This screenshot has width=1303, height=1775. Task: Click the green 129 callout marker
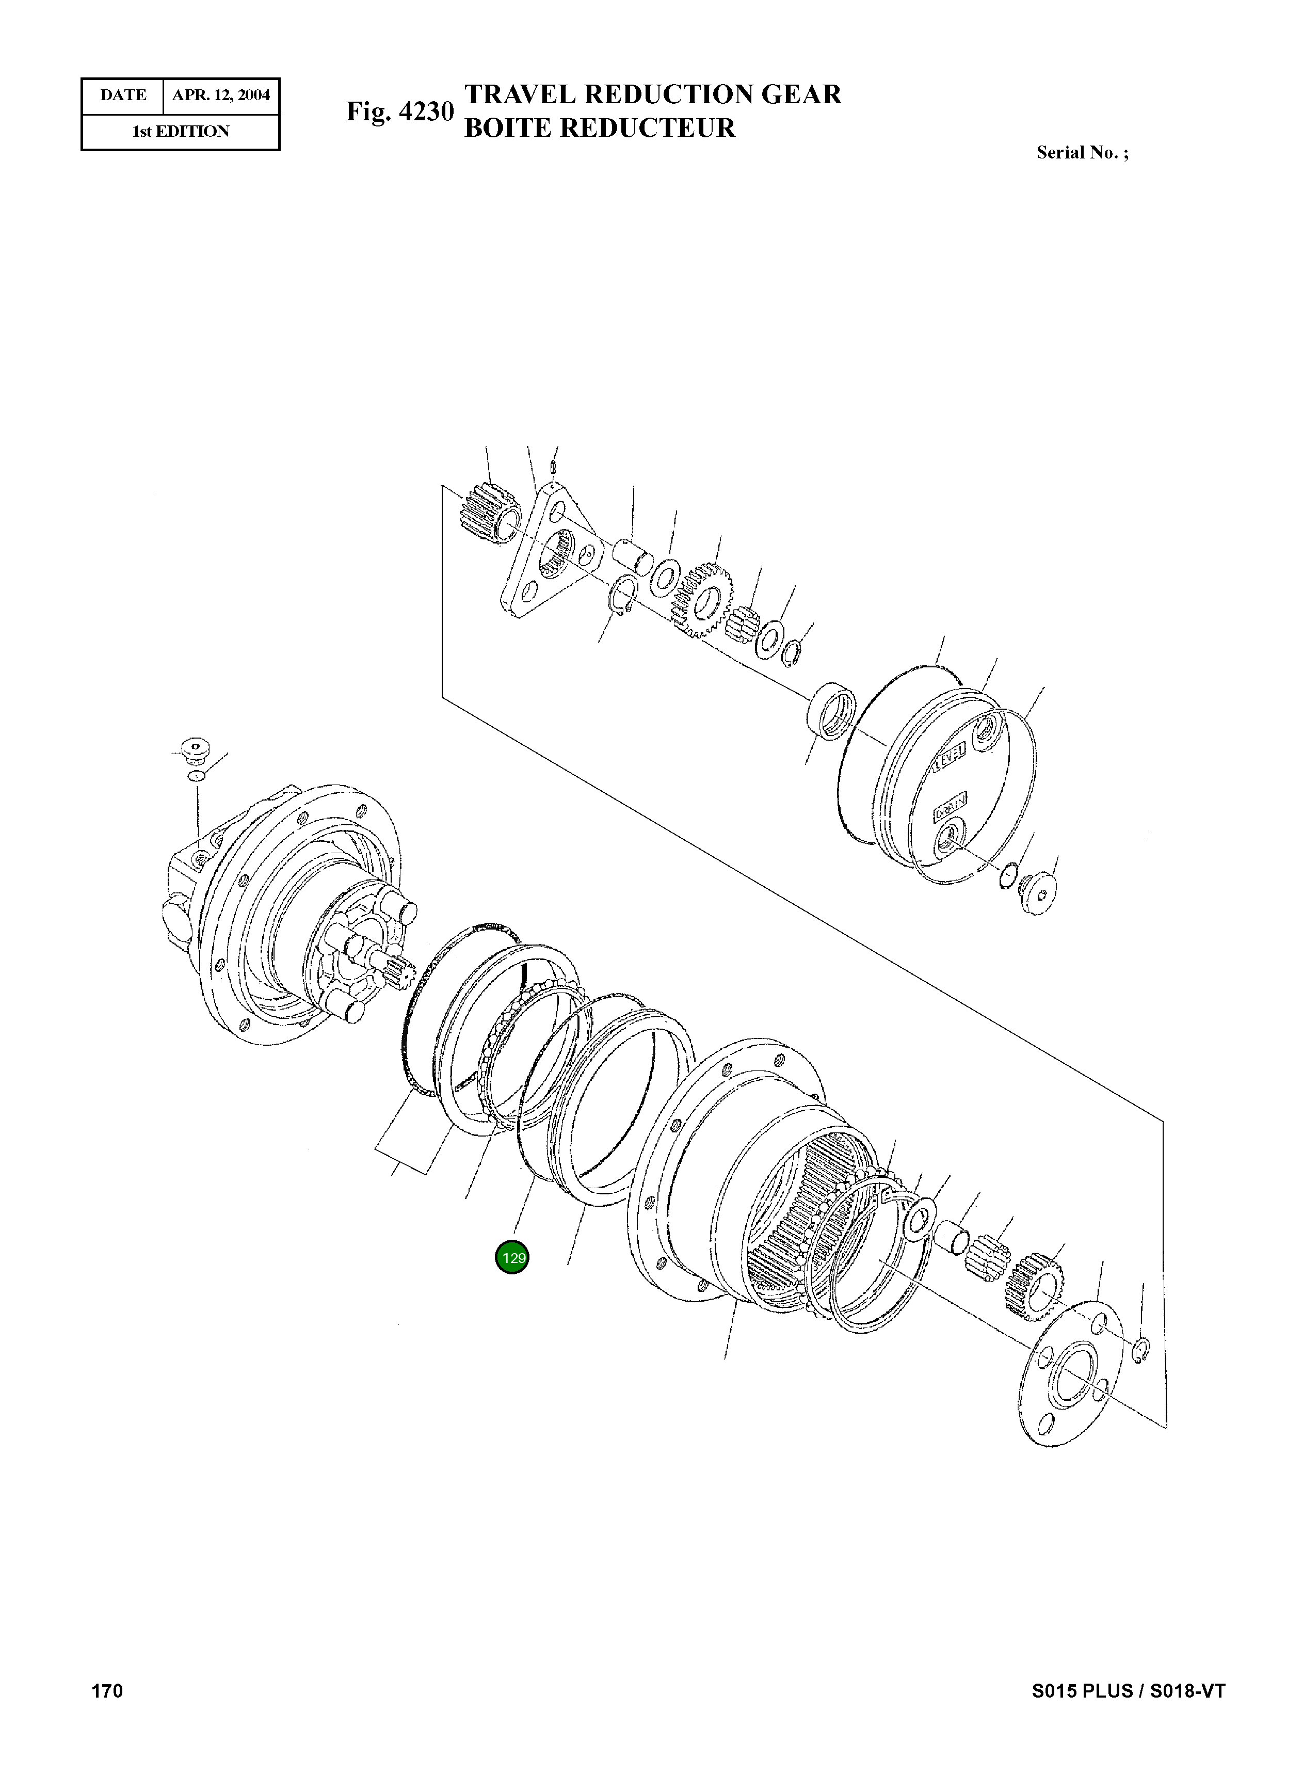pyautogui.click(x=512, y=1257)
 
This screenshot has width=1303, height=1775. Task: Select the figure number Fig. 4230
pyautogui.click(x=400, y=112)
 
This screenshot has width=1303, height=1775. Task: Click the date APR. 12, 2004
pyautogui.click(x=221, y=95)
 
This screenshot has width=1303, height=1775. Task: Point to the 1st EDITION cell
pyautogui.click(x=181, y=132)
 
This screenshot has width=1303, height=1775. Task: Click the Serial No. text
pyautogui.click(x=1082, y=153)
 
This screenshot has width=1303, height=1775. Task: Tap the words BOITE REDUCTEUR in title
pyautogui.click(x=600, y=128)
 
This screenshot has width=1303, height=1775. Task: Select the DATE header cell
pyautogui.click(x=123, y=95)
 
